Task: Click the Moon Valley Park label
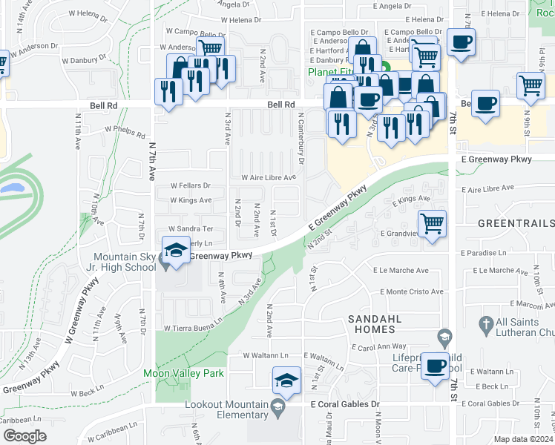(183, 373)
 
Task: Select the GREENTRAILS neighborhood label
(516, 223)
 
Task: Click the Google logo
(24, 435)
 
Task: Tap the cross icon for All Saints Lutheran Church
(485, 324)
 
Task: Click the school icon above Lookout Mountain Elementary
(287, 380)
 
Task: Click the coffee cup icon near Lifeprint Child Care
(436, 365)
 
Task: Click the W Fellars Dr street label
(191, 185)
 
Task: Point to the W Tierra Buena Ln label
(193, 327)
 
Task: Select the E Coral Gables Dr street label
(345, 404)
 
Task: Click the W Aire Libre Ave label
(269, 177)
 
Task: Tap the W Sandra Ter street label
(191, 229)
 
